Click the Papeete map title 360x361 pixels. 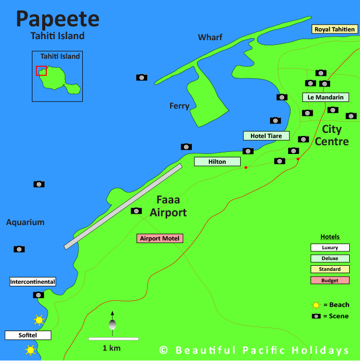click(57, 19)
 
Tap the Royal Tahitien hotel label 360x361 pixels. click(335, 29)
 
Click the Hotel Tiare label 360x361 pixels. click(266, 136)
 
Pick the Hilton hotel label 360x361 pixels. click(217, 162)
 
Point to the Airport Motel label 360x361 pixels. click(159, 238)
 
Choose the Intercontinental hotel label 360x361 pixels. click(33, 282)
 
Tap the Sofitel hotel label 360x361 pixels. click(28, 335)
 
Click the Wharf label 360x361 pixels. click(210, 37)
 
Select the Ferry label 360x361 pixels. click(179, 106)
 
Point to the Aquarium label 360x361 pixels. click(25, 222)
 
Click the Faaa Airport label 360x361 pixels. click(168, 207)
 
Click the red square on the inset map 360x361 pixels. click(41, 71)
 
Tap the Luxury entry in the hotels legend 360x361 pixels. click(330, 248)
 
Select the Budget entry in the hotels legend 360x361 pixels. click(330, 280)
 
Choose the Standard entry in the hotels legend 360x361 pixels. click(330, 269)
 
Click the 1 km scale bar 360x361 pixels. click(113, 339)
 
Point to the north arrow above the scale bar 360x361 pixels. click(112, 321)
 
